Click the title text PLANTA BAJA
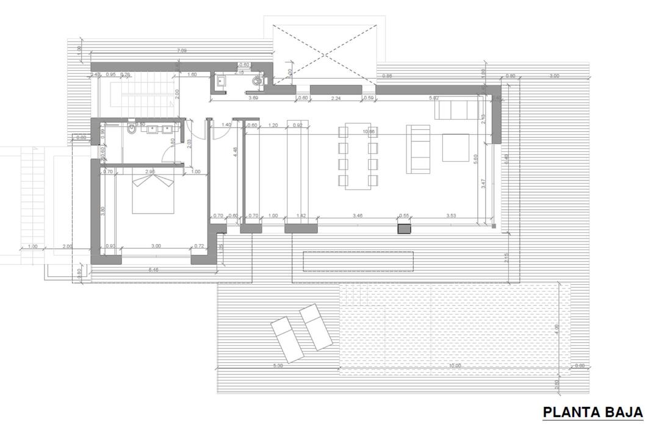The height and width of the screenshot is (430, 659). tap(592, 413)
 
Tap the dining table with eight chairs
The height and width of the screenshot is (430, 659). tap(358, 157)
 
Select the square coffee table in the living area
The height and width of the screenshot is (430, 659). tap(456, 147)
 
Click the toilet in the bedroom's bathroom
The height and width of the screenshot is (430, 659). tap(132, 131)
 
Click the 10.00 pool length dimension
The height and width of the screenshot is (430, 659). tap(454, 366)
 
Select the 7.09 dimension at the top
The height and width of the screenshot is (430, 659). tap(182, 51)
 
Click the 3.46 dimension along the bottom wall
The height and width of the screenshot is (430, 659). tap(358, 216)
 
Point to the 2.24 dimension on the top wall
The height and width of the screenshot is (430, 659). tap(336, 98)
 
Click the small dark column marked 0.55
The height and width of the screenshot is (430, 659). tap(404, 229)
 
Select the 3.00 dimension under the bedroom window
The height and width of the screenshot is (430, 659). tap(156, 246)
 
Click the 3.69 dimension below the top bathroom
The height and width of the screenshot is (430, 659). tap(253, 98)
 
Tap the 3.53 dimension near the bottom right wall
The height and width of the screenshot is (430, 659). tap(452, 216)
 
